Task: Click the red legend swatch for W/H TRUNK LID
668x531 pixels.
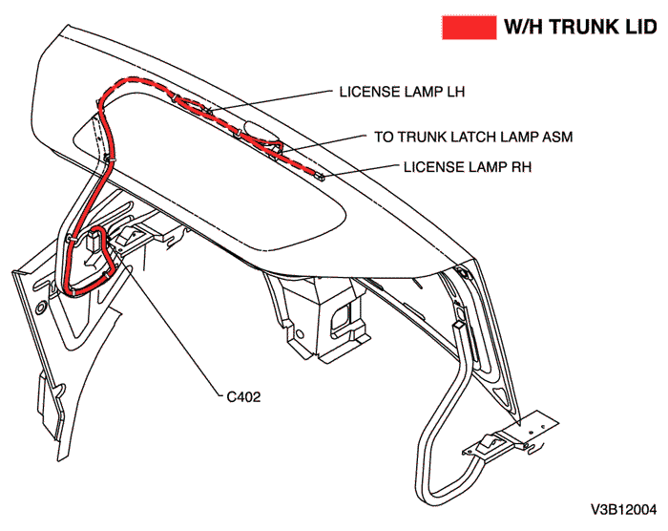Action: click(x=468, y=27)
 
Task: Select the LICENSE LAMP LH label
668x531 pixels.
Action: click(x=401, y=93)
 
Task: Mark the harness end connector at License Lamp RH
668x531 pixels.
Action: click(x=323, y=176)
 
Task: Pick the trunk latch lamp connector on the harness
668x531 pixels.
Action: click(x=277, y=147)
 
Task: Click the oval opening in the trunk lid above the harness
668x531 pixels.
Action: click(x=258, y=131)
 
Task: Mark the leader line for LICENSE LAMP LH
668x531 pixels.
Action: click(x=277, y=99)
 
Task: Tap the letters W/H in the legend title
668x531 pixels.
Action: click(x=525, y=28)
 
